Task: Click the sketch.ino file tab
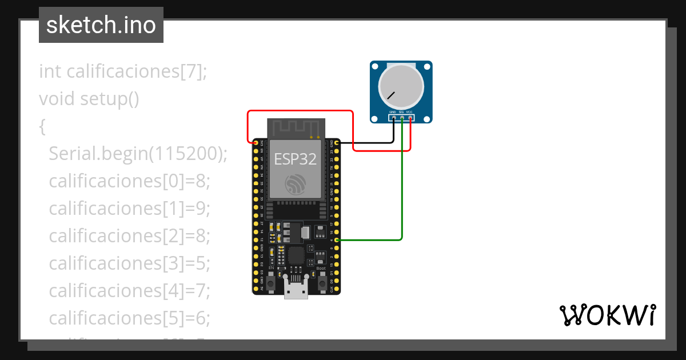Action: tap(101, 25)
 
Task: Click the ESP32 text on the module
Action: tap(295, 159)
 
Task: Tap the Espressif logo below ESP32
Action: tap(296, 184)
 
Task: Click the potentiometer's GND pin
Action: tap(393, 118)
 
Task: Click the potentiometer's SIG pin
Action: tap(402, 118)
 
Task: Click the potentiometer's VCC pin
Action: tap(410, 118)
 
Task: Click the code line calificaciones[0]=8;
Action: tap(130, 181)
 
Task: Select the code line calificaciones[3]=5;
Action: tap(130, 263)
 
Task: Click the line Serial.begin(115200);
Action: tap(138, 154)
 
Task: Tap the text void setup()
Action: tap(89, 99)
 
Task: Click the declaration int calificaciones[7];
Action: tap(123, 71)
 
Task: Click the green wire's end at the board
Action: tap(337, 240)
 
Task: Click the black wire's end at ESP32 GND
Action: tap(337, 142)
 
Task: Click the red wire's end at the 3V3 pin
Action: tap(256, 142)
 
